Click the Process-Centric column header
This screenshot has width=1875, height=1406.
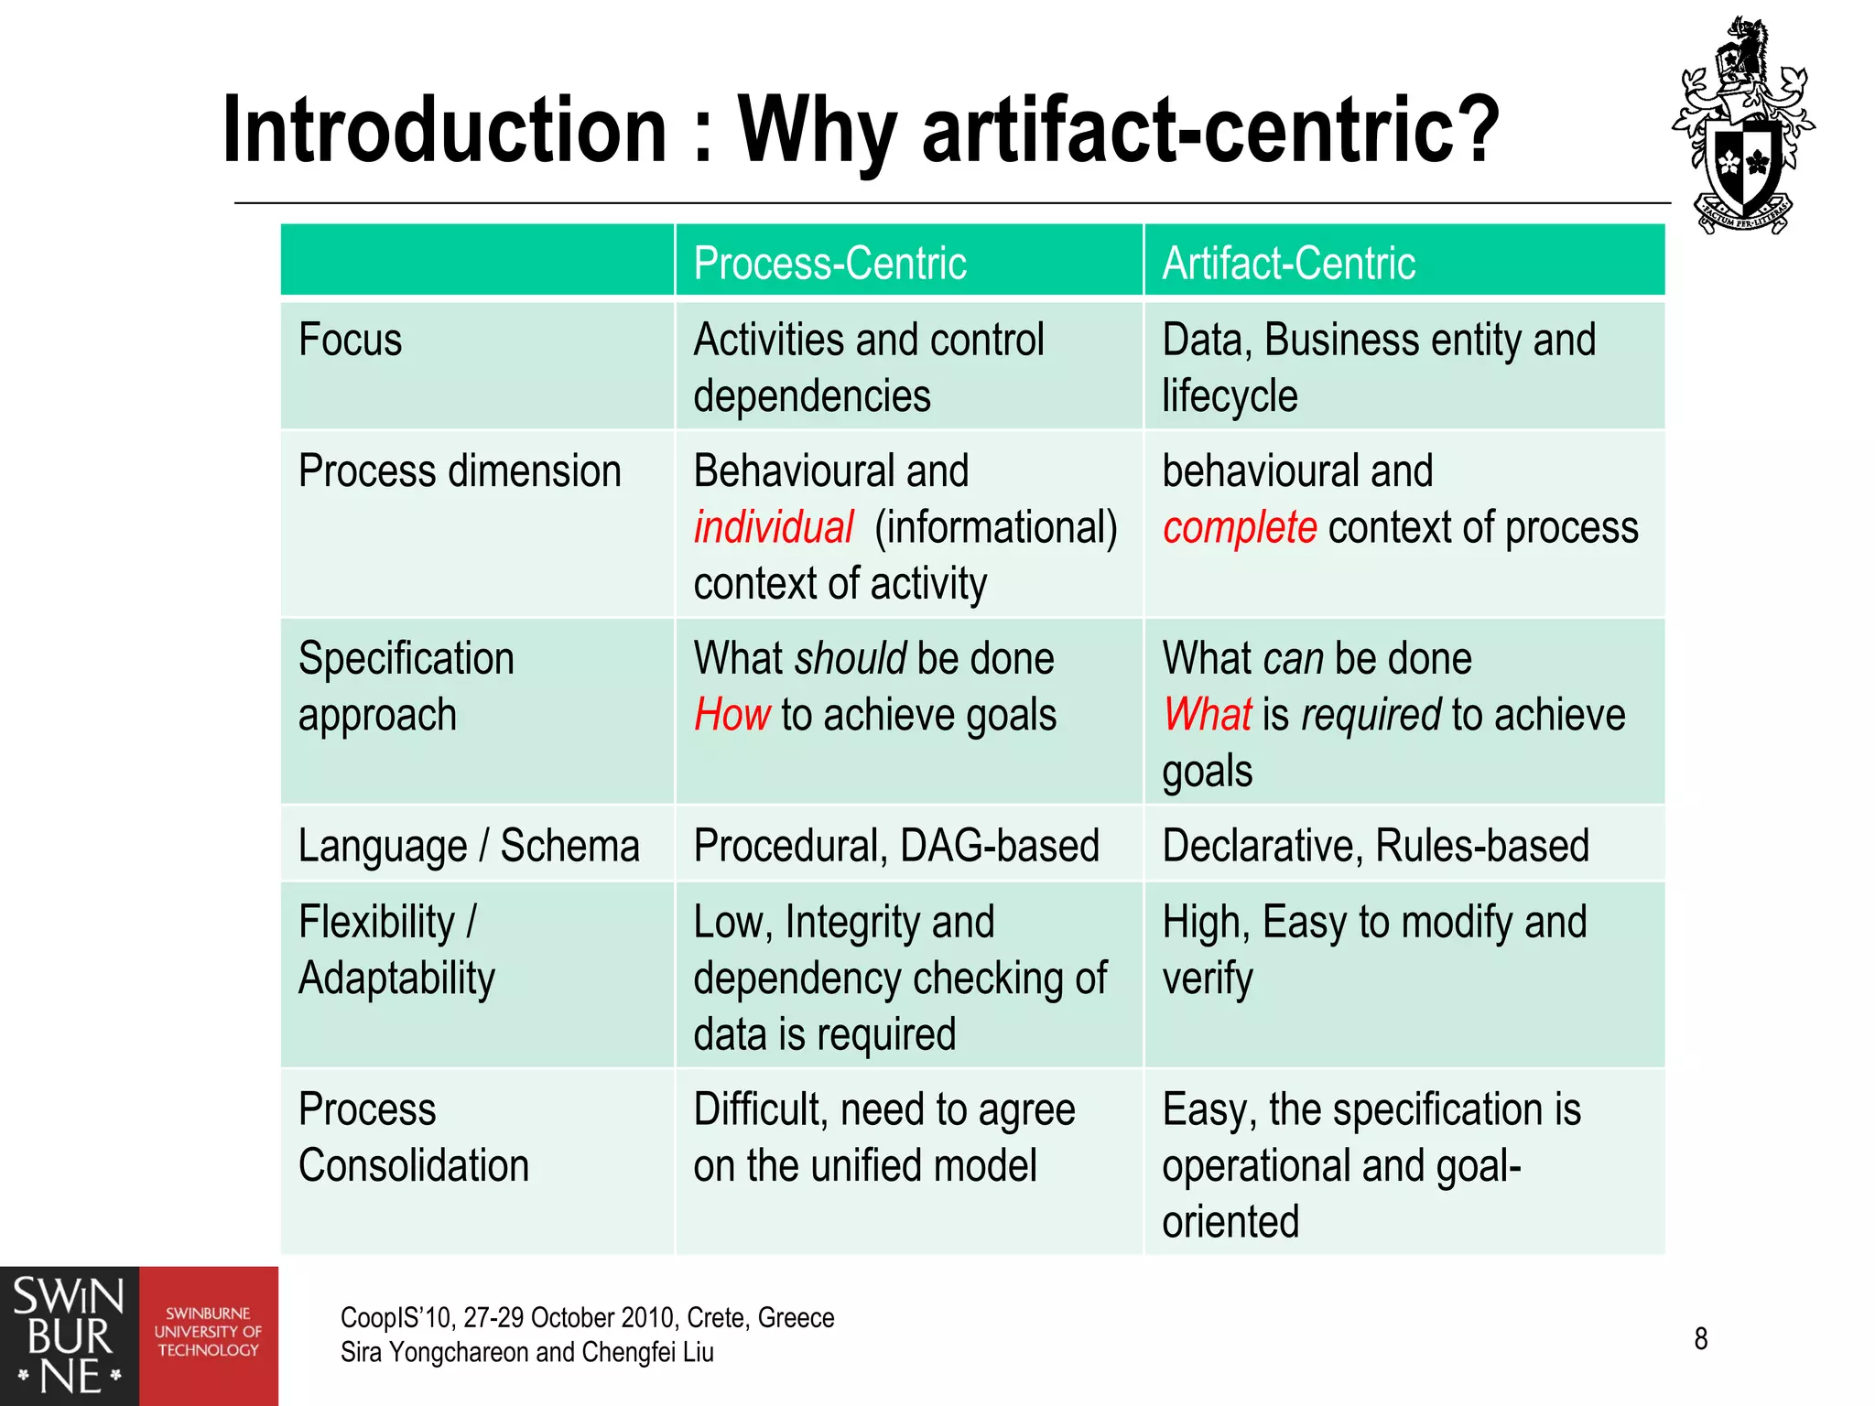pyautogui.click(x=829, y=264)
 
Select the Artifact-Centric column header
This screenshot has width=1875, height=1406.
pyautogui.click(x=1288, y=264)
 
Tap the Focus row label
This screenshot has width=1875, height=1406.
pyautogui.click(x=350, y=341)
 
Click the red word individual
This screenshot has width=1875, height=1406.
pyautogui.click(x=773, y=528)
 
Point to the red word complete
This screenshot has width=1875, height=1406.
pyautogui.click(x=1240, y=528)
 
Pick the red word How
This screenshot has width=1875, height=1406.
pyautogui.click(x=732, y=715)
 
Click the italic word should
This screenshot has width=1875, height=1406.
pyautogui.click(x=851, y=659)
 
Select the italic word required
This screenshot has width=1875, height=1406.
pyautogui.click(x=1371, y=715)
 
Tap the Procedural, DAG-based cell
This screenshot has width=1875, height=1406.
pyautogui.click(x=895, y=846)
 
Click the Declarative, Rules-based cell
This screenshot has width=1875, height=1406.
pyautogui.click(x=1375, y=846)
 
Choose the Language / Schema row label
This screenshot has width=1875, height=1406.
pyautogui.click(x=468, y=846)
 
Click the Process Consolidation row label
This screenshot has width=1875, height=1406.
pyautogui.click(x=413, y=1138)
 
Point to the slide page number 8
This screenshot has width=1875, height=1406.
pyautogui.click(x=1700, y=1338)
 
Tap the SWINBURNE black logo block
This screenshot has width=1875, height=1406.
pyautogui.click(x=69, y=1336)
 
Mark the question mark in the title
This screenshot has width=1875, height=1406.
pyautogui.click(x=1474, y=130)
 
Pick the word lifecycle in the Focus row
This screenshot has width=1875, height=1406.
pyautogui.click(x=1229, y=397)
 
